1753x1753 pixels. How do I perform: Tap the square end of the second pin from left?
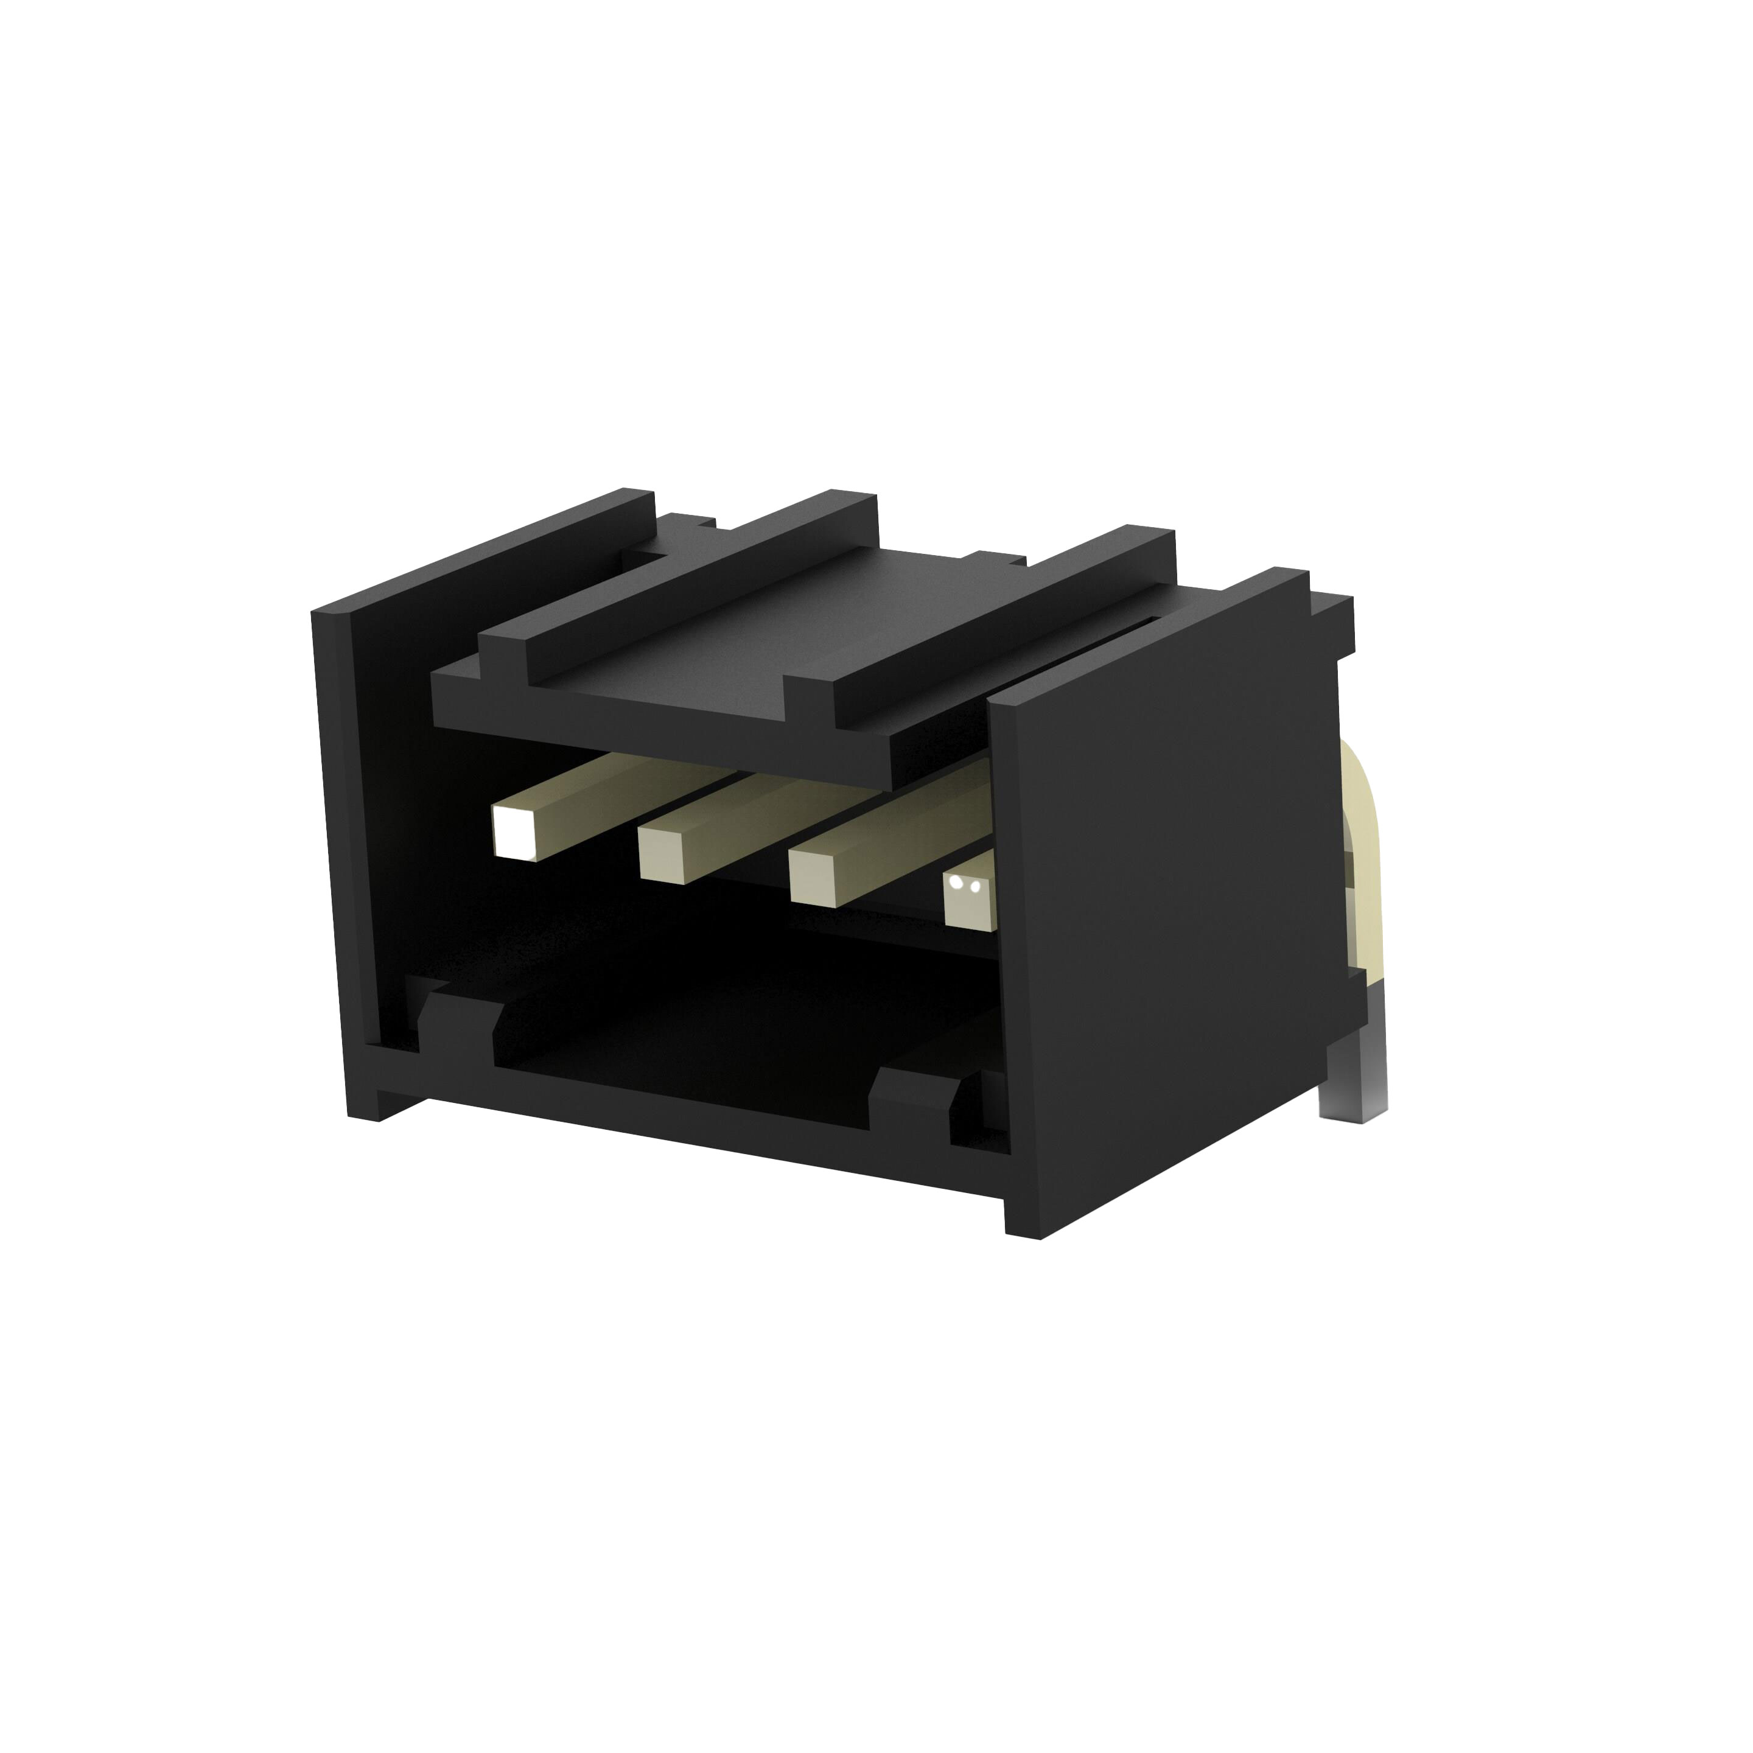point(662,852)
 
